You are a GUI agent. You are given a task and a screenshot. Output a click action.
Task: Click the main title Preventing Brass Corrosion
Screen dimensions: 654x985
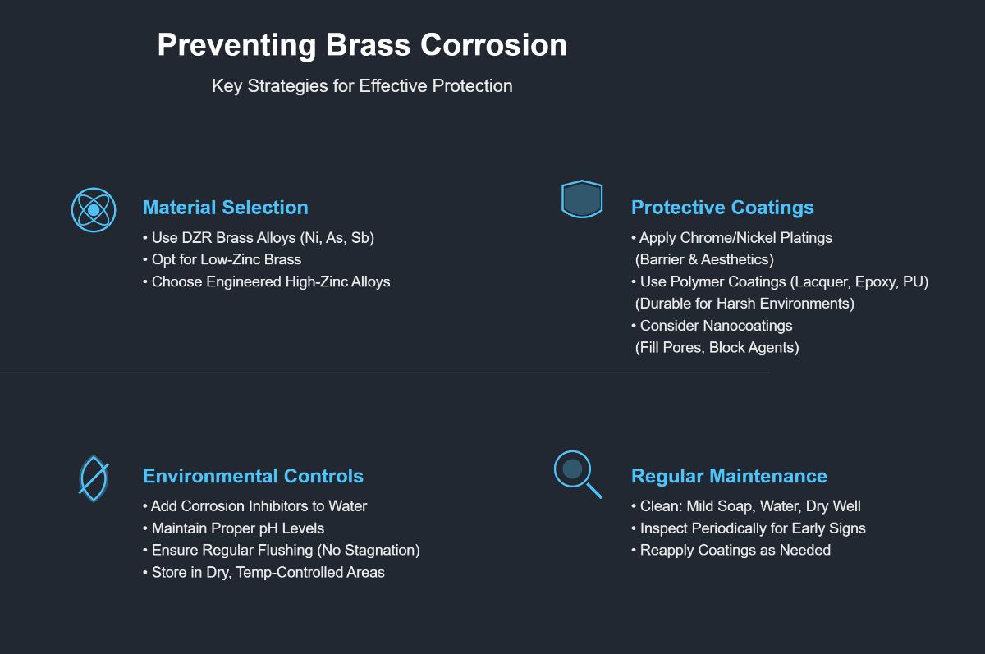click(x=362, y=45)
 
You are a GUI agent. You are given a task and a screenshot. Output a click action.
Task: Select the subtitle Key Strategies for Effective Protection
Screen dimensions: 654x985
click(x=362, y=86)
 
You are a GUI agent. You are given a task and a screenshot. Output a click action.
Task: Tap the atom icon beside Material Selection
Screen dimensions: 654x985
click(x=94, y=210)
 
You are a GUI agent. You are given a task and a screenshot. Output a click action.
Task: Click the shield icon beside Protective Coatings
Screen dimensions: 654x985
click(x=582, y=199)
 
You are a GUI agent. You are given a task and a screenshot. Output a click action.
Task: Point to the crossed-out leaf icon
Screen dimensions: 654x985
click(x=94, y=478)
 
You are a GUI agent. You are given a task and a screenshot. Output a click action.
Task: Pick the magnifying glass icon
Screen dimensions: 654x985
click(x=575, y=473)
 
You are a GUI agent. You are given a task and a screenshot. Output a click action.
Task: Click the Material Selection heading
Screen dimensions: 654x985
click(x=225, y=208)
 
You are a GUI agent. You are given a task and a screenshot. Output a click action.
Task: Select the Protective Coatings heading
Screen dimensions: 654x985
click(x=722, y=208)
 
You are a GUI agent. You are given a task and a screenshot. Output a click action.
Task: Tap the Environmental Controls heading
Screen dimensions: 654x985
click(x=253, y=476)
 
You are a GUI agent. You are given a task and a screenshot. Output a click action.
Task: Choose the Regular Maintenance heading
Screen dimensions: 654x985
click(x=729, y=476)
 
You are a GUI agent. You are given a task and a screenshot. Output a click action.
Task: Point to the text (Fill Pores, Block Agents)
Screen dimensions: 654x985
click(x=717, y=347)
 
